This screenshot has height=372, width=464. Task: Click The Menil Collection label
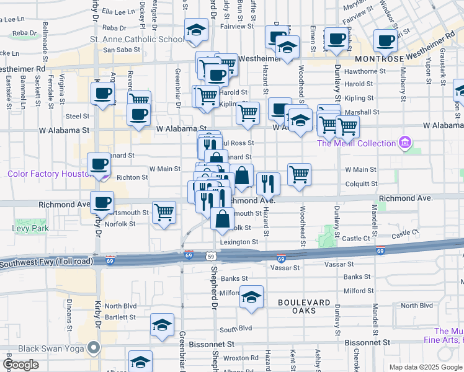tap(356, 143)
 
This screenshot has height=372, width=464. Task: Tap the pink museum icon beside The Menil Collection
tap(406, 143)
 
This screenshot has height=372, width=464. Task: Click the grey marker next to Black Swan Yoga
tap(94, 348)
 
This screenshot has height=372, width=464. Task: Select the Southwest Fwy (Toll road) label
tap(47, 263)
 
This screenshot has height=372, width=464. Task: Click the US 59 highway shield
tap(212, 255)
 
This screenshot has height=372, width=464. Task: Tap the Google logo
tap(21, 365)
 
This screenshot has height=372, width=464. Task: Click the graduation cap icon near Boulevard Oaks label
tap(252, 296)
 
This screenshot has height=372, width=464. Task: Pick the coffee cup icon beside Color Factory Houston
tap(99, 164)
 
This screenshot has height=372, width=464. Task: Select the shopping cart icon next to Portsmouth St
tap(164, 212)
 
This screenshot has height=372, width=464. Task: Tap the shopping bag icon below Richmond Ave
tap(222, 218)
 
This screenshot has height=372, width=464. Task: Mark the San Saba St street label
tap(118, 50)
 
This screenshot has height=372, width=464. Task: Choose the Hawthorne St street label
tap(370, 71)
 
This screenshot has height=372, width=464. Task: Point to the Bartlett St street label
tap(120, 317)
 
